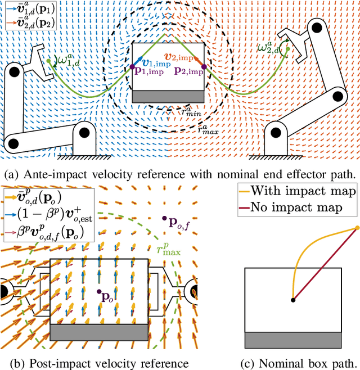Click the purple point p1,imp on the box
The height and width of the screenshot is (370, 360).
coord(133,67)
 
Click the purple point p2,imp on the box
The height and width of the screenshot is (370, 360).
coord(204,67)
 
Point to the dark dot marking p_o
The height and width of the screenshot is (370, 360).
coord(99,292)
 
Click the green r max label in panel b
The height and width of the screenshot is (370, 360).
coord(172,248)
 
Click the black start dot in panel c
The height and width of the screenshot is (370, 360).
coord(292,300)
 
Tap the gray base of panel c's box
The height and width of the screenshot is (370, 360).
coord(293,340)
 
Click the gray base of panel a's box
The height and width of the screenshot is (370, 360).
coord(168,96)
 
